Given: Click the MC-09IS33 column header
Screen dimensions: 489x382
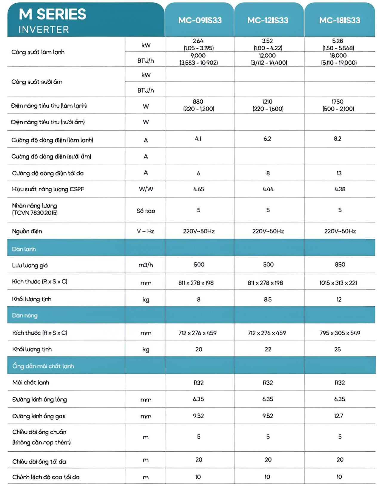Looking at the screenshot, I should click(x=200, y=20).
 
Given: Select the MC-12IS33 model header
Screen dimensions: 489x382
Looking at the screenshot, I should click(x=268, y=20).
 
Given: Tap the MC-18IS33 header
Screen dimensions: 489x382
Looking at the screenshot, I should click(x=339, y=20).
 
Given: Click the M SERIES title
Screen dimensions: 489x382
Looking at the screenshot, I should click(x=53, y=14).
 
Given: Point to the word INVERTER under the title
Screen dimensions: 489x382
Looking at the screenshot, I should click(x=44, y=30).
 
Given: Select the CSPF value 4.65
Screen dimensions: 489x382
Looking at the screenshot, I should click(x=198, y=189).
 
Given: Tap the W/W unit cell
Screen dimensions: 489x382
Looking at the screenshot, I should click(x=146, y=189).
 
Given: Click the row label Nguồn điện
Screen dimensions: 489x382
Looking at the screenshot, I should click(x=27, y=231).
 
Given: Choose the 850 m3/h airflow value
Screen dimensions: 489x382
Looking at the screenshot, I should click(x=340, y=265).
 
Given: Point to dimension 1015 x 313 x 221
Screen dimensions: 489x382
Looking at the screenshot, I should click(x=338, y=283).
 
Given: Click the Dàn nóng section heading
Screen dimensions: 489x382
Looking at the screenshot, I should click(x=25, y=315).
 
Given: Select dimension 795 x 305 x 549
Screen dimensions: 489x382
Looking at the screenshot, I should click(x=340, y=333).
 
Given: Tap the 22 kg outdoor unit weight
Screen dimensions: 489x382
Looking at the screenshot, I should click(x=268, y=349).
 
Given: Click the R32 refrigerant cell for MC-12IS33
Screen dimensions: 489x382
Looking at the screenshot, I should click(x=268, y=383).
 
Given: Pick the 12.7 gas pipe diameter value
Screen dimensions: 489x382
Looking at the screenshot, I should click(x=338, y=416).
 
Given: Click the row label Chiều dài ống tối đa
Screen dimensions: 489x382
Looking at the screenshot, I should click(x=39, y=462).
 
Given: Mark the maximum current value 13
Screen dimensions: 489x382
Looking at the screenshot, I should click(x=339, y=173).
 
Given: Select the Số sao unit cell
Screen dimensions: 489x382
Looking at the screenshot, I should click(x=146, y=211).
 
